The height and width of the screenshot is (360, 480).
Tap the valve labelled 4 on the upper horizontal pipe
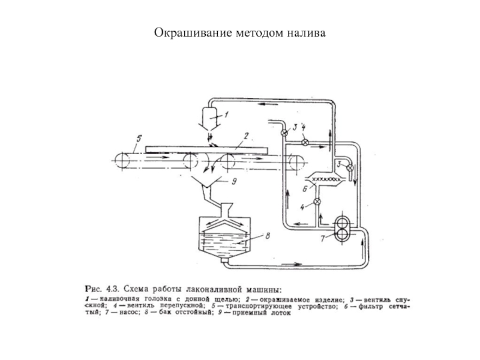point(304,142)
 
